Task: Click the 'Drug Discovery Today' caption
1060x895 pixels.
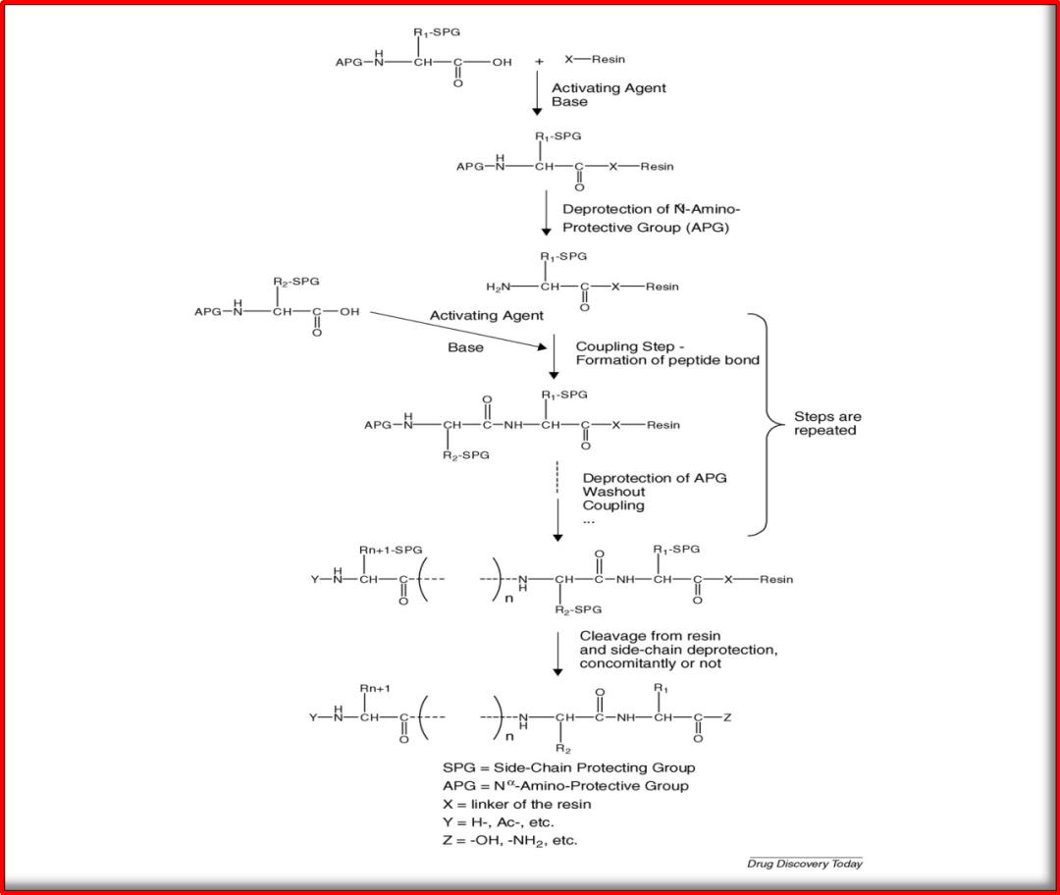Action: coord(804,864)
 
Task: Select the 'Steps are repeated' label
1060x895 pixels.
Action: coord(827,424)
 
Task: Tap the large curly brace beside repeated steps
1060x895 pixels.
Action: coord(765,424)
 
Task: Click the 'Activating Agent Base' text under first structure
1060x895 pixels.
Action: coord(608,94)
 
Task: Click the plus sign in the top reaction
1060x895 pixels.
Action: coord(539,61)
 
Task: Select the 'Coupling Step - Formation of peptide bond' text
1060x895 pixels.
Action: coord(666,353)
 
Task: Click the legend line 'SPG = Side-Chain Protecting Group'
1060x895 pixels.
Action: coord(569,767)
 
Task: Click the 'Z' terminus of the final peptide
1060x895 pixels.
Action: coord(727,718)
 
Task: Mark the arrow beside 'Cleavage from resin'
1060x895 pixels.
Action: coord(556,653)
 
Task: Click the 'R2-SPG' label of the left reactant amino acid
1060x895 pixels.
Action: coord(295,282)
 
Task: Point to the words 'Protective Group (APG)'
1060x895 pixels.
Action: coord(644,227)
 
